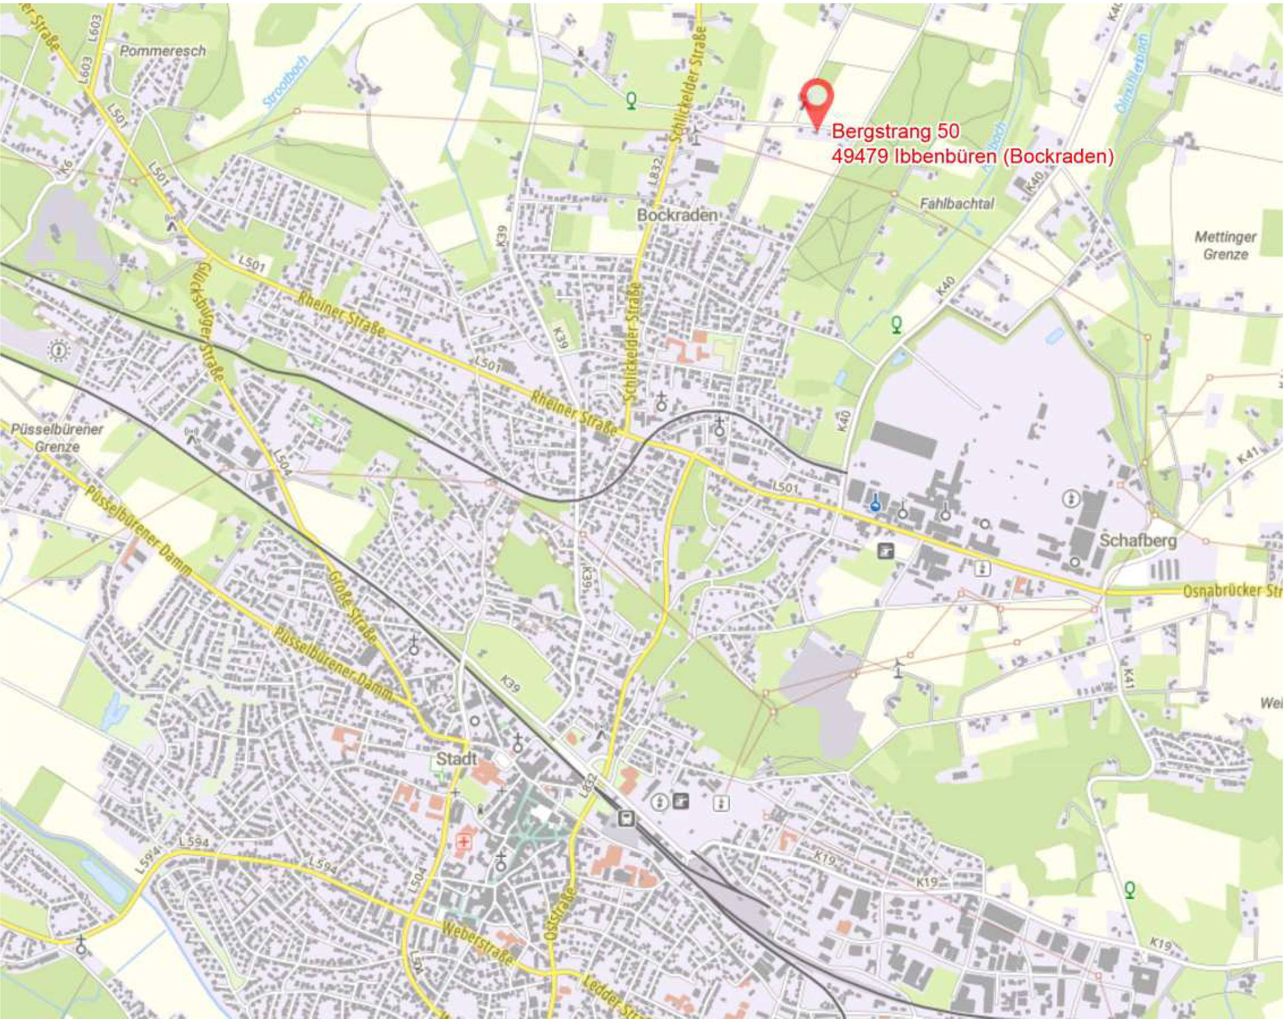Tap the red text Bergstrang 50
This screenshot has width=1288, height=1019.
[895, 132]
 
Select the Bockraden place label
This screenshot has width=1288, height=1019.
[677, 215]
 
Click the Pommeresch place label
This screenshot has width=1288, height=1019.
[163, 51]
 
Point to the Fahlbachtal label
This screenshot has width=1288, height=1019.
[957, 204]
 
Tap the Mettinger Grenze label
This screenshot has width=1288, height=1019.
[1225, 245]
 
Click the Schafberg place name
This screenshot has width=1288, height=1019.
[1138, 540]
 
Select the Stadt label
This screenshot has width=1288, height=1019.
[456, 759]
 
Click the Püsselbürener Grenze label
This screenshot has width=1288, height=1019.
[57, 438]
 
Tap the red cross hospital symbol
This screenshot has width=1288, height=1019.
[464, 842]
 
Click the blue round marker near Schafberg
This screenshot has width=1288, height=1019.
[875, 504]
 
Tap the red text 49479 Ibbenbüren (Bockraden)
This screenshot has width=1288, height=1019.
[972, 156]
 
